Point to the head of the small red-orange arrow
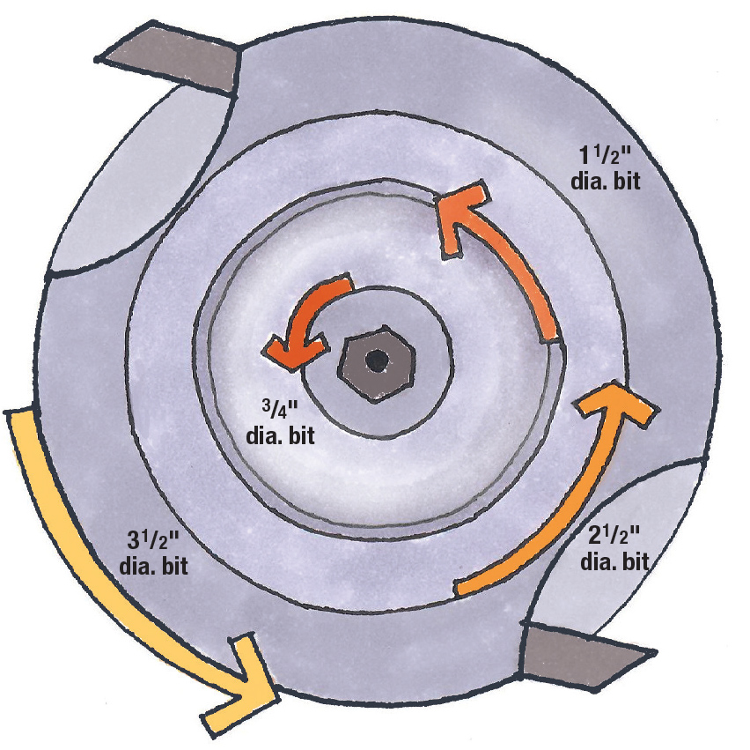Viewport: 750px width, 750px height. pos(280,349)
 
